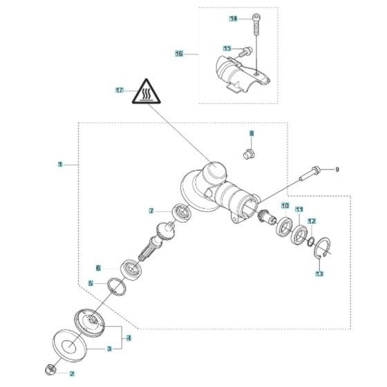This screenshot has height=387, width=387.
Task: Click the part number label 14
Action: [x=233, y=19]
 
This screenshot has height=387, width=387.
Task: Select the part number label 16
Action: [x=179, y=53]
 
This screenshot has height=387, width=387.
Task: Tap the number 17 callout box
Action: [x=119, y=91]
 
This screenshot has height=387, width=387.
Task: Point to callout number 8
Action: [x=252, y=133]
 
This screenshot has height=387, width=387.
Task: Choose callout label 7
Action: [x=151, y=210]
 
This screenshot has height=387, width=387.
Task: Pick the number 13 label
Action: [x=319, y=274]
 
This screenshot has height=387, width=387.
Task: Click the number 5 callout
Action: [x=91, y=283]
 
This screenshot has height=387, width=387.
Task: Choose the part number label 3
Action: [x=108, y=350]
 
